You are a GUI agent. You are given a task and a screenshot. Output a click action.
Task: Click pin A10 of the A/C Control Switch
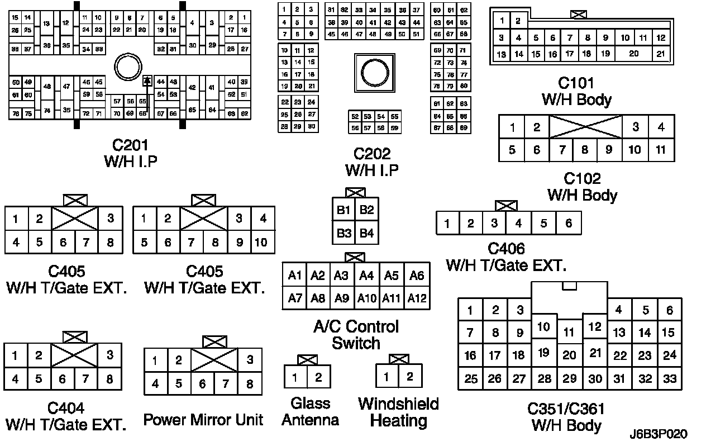[366, 298]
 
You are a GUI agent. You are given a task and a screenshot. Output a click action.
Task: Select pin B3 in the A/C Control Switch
[344, 233]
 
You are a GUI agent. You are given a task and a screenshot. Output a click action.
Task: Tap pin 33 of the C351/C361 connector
[669, 379]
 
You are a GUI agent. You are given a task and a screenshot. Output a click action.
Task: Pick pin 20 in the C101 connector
[633, 54]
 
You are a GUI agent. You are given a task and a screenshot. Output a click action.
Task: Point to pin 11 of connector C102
[661, 150]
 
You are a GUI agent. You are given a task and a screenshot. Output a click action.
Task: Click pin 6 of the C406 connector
[569, 224]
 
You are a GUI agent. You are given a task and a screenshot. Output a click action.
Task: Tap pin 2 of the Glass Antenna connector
[318, 377]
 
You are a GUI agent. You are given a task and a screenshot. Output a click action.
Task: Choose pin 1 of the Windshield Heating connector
[386, 377]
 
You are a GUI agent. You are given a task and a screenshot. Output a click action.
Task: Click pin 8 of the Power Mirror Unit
[250, 384]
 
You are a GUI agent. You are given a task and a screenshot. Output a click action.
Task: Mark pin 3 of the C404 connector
[110, 355]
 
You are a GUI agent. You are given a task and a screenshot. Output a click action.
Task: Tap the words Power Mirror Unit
[203, 420]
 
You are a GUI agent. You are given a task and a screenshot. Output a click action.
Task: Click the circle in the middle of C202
[371, 71]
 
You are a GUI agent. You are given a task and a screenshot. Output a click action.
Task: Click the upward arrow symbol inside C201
[147, 81]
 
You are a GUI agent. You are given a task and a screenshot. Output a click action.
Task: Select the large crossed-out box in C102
[585, 127]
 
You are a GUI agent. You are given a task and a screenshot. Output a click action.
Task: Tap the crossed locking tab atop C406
[506, 206]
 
